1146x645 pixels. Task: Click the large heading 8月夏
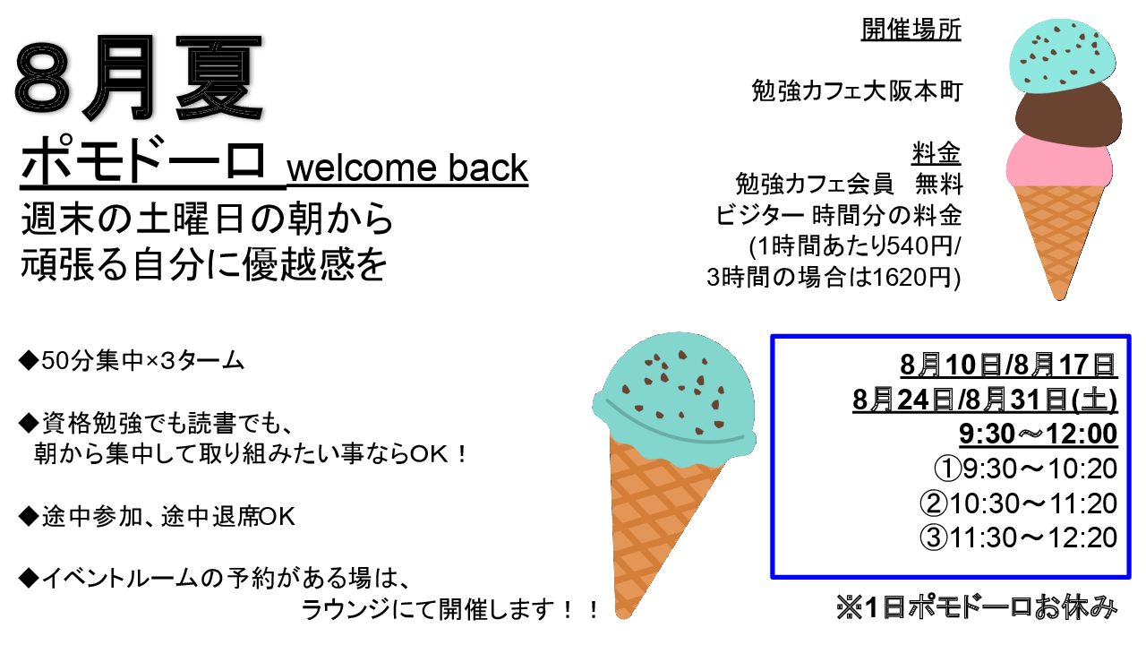pos(139,77)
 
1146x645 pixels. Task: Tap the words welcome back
pos(407,168)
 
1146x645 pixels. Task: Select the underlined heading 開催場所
pos(911,30)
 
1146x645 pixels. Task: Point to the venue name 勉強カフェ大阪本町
pos(857,91)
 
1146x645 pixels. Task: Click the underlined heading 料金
pos(936,152)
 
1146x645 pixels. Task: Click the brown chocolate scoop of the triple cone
pos(1067,116)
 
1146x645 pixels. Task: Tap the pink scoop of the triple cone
pos(1059,162)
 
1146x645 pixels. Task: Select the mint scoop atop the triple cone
pos(1063,56)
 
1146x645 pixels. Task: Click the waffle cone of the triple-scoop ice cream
pos(1058,236)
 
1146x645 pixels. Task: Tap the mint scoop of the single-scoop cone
pos(674,397)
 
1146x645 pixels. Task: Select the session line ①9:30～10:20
pos(1025,469)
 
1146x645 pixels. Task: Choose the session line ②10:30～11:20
pos(1019,503)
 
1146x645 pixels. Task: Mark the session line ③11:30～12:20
pos(1019,537)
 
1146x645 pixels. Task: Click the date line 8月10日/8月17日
pos(1008,365)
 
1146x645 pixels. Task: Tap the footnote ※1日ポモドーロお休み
pos(977,608)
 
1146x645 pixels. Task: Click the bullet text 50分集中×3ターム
pos(131,361)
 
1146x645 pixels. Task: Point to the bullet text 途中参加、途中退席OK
pos(157,517)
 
